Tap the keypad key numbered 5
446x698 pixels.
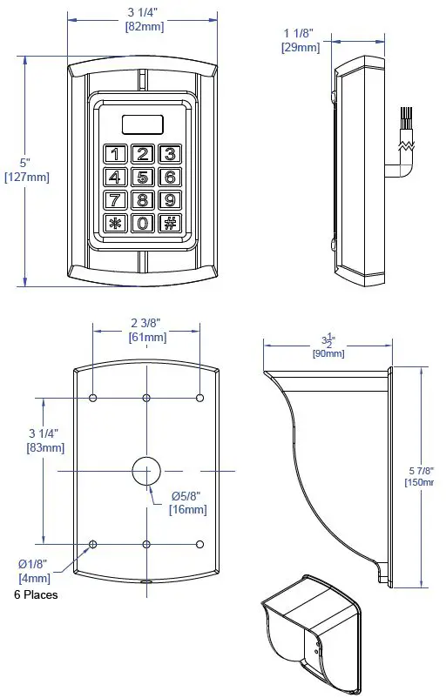pos(143,178)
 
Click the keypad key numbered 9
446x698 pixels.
pos(171,200)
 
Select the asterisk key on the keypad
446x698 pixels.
pos(115,223)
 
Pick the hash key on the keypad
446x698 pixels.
pos(171,223)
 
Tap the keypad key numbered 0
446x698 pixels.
pos(143,223)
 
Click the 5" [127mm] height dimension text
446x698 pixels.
pos(26,171)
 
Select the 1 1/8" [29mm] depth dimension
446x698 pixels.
pos(301,40)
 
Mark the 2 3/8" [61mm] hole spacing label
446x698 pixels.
pos(146,329)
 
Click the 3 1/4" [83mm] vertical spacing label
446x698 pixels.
pos(43,440)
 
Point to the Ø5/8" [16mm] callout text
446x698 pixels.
pos(187,503)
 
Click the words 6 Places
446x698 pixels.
pos(37,595)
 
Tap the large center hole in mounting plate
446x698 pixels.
pos(146,470)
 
